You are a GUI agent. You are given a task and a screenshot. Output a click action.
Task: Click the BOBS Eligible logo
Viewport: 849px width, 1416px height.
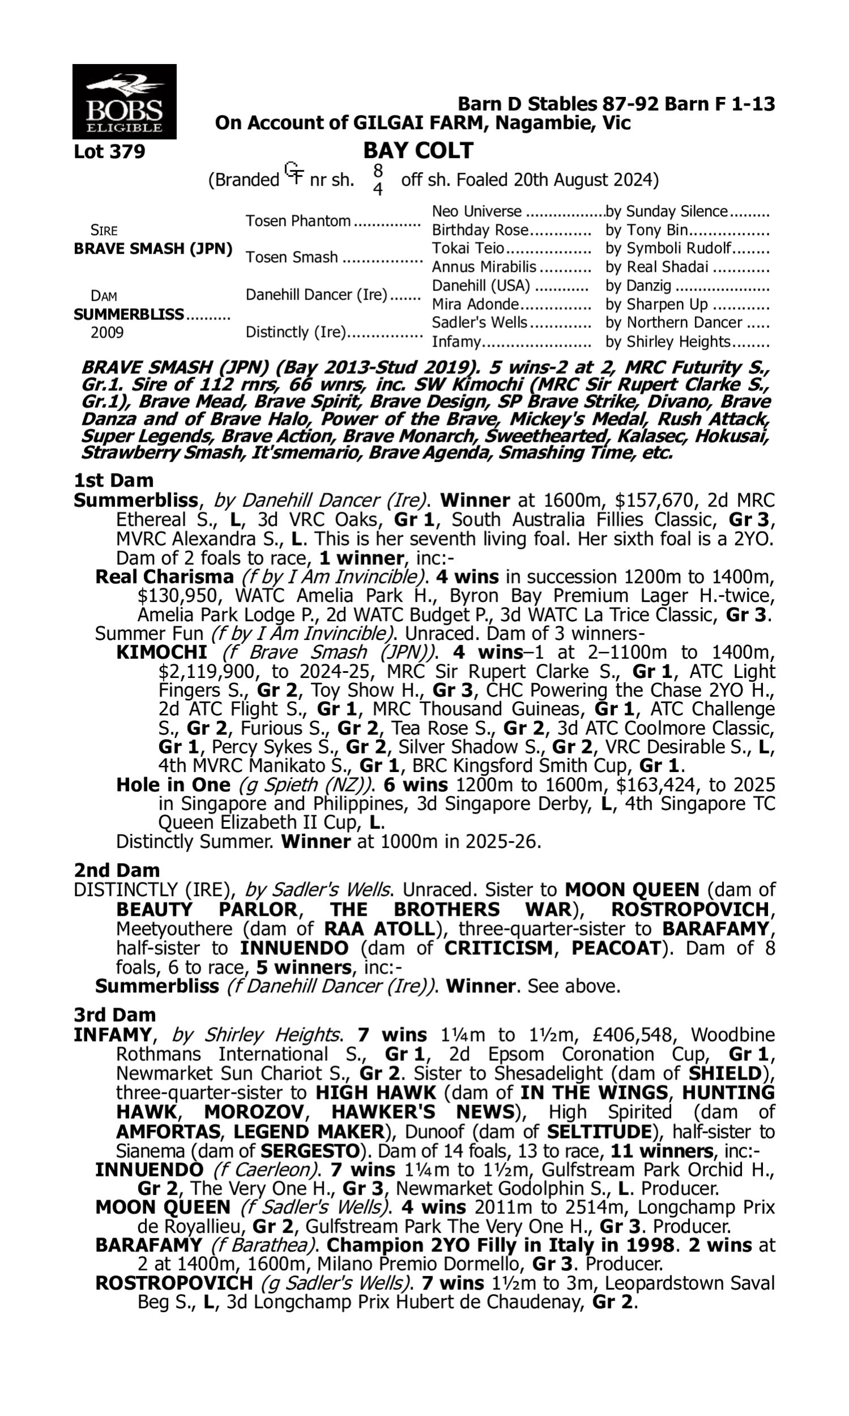pyautogui.click(x=124, y=101)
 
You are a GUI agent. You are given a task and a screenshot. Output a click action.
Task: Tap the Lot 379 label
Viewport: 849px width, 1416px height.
pyautogui.click(x=109, y=152)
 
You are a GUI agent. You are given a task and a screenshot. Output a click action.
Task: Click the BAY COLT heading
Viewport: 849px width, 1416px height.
pyautogui.click(x=418, y=151)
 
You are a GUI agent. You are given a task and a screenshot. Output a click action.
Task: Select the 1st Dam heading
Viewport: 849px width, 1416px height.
pyautogui.click(x=113, y=480)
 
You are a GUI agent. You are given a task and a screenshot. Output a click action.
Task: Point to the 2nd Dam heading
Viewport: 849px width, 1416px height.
pyautogui.click(x=116, y=870)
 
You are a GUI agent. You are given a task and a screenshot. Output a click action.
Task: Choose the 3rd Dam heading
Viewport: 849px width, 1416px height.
pyautogui.click(x=114, y=1015)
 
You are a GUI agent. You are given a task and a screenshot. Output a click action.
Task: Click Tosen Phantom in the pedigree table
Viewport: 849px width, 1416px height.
pyautogui.click(x=298, y=221)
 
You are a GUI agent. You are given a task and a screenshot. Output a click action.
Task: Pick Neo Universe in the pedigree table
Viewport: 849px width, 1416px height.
pyautogui.click(x=477, y=212)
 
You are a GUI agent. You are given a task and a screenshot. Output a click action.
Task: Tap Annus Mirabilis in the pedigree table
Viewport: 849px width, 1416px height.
pyautogui.click(x=484, y=267)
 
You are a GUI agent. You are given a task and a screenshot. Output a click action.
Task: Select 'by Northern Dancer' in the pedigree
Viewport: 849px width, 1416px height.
pyautogui.click(x=674, y=323)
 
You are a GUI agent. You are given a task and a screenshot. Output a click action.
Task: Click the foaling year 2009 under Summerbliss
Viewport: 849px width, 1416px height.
pyautogui.click(x=107, y=332)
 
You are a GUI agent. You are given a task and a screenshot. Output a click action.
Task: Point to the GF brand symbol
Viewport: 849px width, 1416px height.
pyautogui.click(x=294, y=173)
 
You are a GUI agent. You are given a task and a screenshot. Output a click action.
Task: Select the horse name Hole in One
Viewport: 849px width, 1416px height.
pyautogui.click(x=173, y=784)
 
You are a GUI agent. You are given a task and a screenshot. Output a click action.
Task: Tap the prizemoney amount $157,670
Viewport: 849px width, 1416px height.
pyautogui.click(x=655, y=500)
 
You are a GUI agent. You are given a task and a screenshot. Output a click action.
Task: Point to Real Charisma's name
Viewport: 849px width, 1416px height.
pyautogui.click(x=164, y=577)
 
